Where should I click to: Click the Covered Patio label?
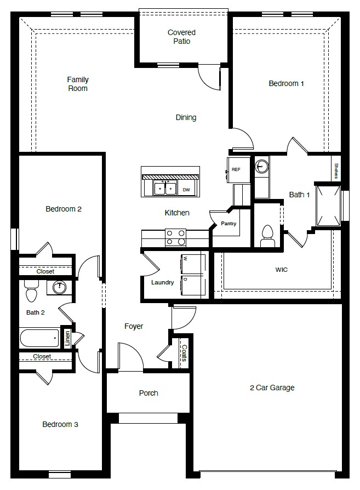[181, 37]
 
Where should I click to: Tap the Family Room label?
[78, 84]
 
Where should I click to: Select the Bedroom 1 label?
[286, 83]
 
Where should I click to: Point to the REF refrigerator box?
[236, 169]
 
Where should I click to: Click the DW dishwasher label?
[186, 190]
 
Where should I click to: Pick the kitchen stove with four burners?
[175, 237]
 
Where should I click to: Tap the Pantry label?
[228, 224]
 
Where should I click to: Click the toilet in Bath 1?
[267, 234]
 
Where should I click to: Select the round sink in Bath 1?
[262, 166]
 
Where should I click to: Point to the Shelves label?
[336, 170]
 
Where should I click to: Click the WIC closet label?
[282, 270]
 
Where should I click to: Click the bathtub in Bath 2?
[39, 338]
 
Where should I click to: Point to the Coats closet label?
[184, 352]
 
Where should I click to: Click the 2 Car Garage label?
[272, 388]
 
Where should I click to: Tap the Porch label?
[148, 393]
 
